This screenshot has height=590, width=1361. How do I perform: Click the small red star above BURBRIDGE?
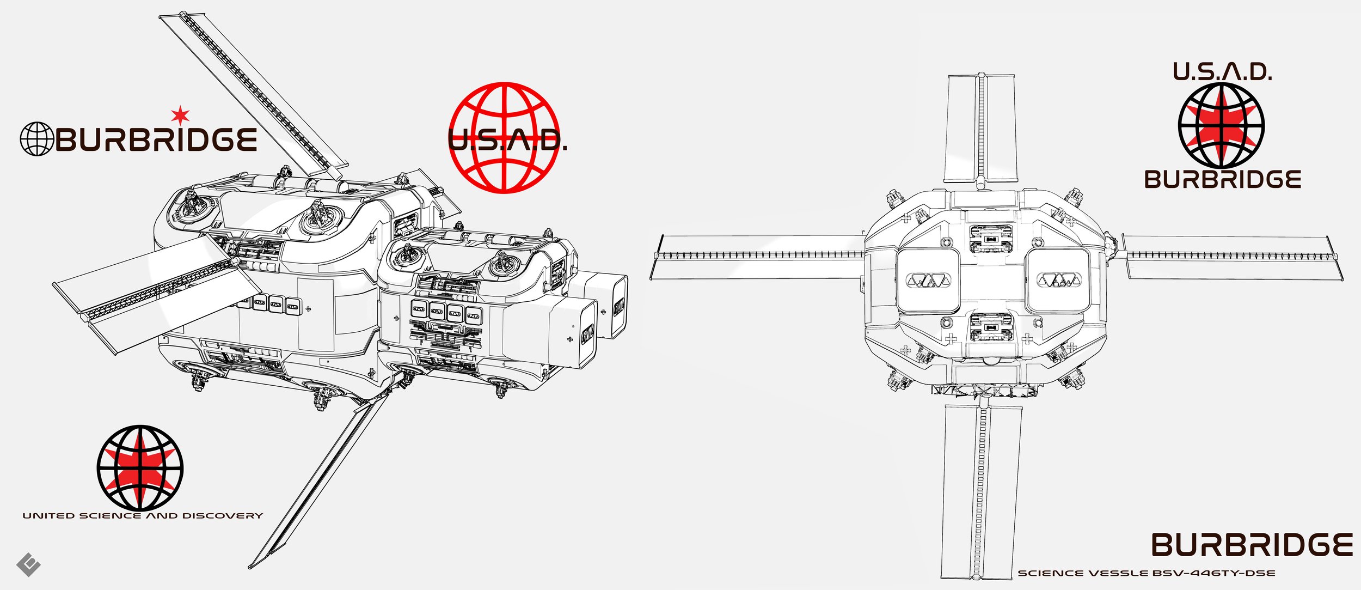tap(180, 115)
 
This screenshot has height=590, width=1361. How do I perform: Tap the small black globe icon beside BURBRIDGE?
tap(36, 139)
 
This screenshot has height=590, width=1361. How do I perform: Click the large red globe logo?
tap(504, 137)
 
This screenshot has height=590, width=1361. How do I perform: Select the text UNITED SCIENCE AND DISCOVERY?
tap(143, 515)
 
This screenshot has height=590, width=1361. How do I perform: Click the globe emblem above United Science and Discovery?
tap(140, 468)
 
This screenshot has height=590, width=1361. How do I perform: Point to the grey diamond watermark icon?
tap(29, 564)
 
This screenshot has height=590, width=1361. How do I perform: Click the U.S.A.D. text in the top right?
tap(1222, 72)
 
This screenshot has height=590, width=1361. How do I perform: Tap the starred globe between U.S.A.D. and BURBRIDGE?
tap(1221, 125)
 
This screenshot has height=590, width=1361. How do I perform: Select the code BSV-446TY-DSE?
tap(1213, 573)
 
